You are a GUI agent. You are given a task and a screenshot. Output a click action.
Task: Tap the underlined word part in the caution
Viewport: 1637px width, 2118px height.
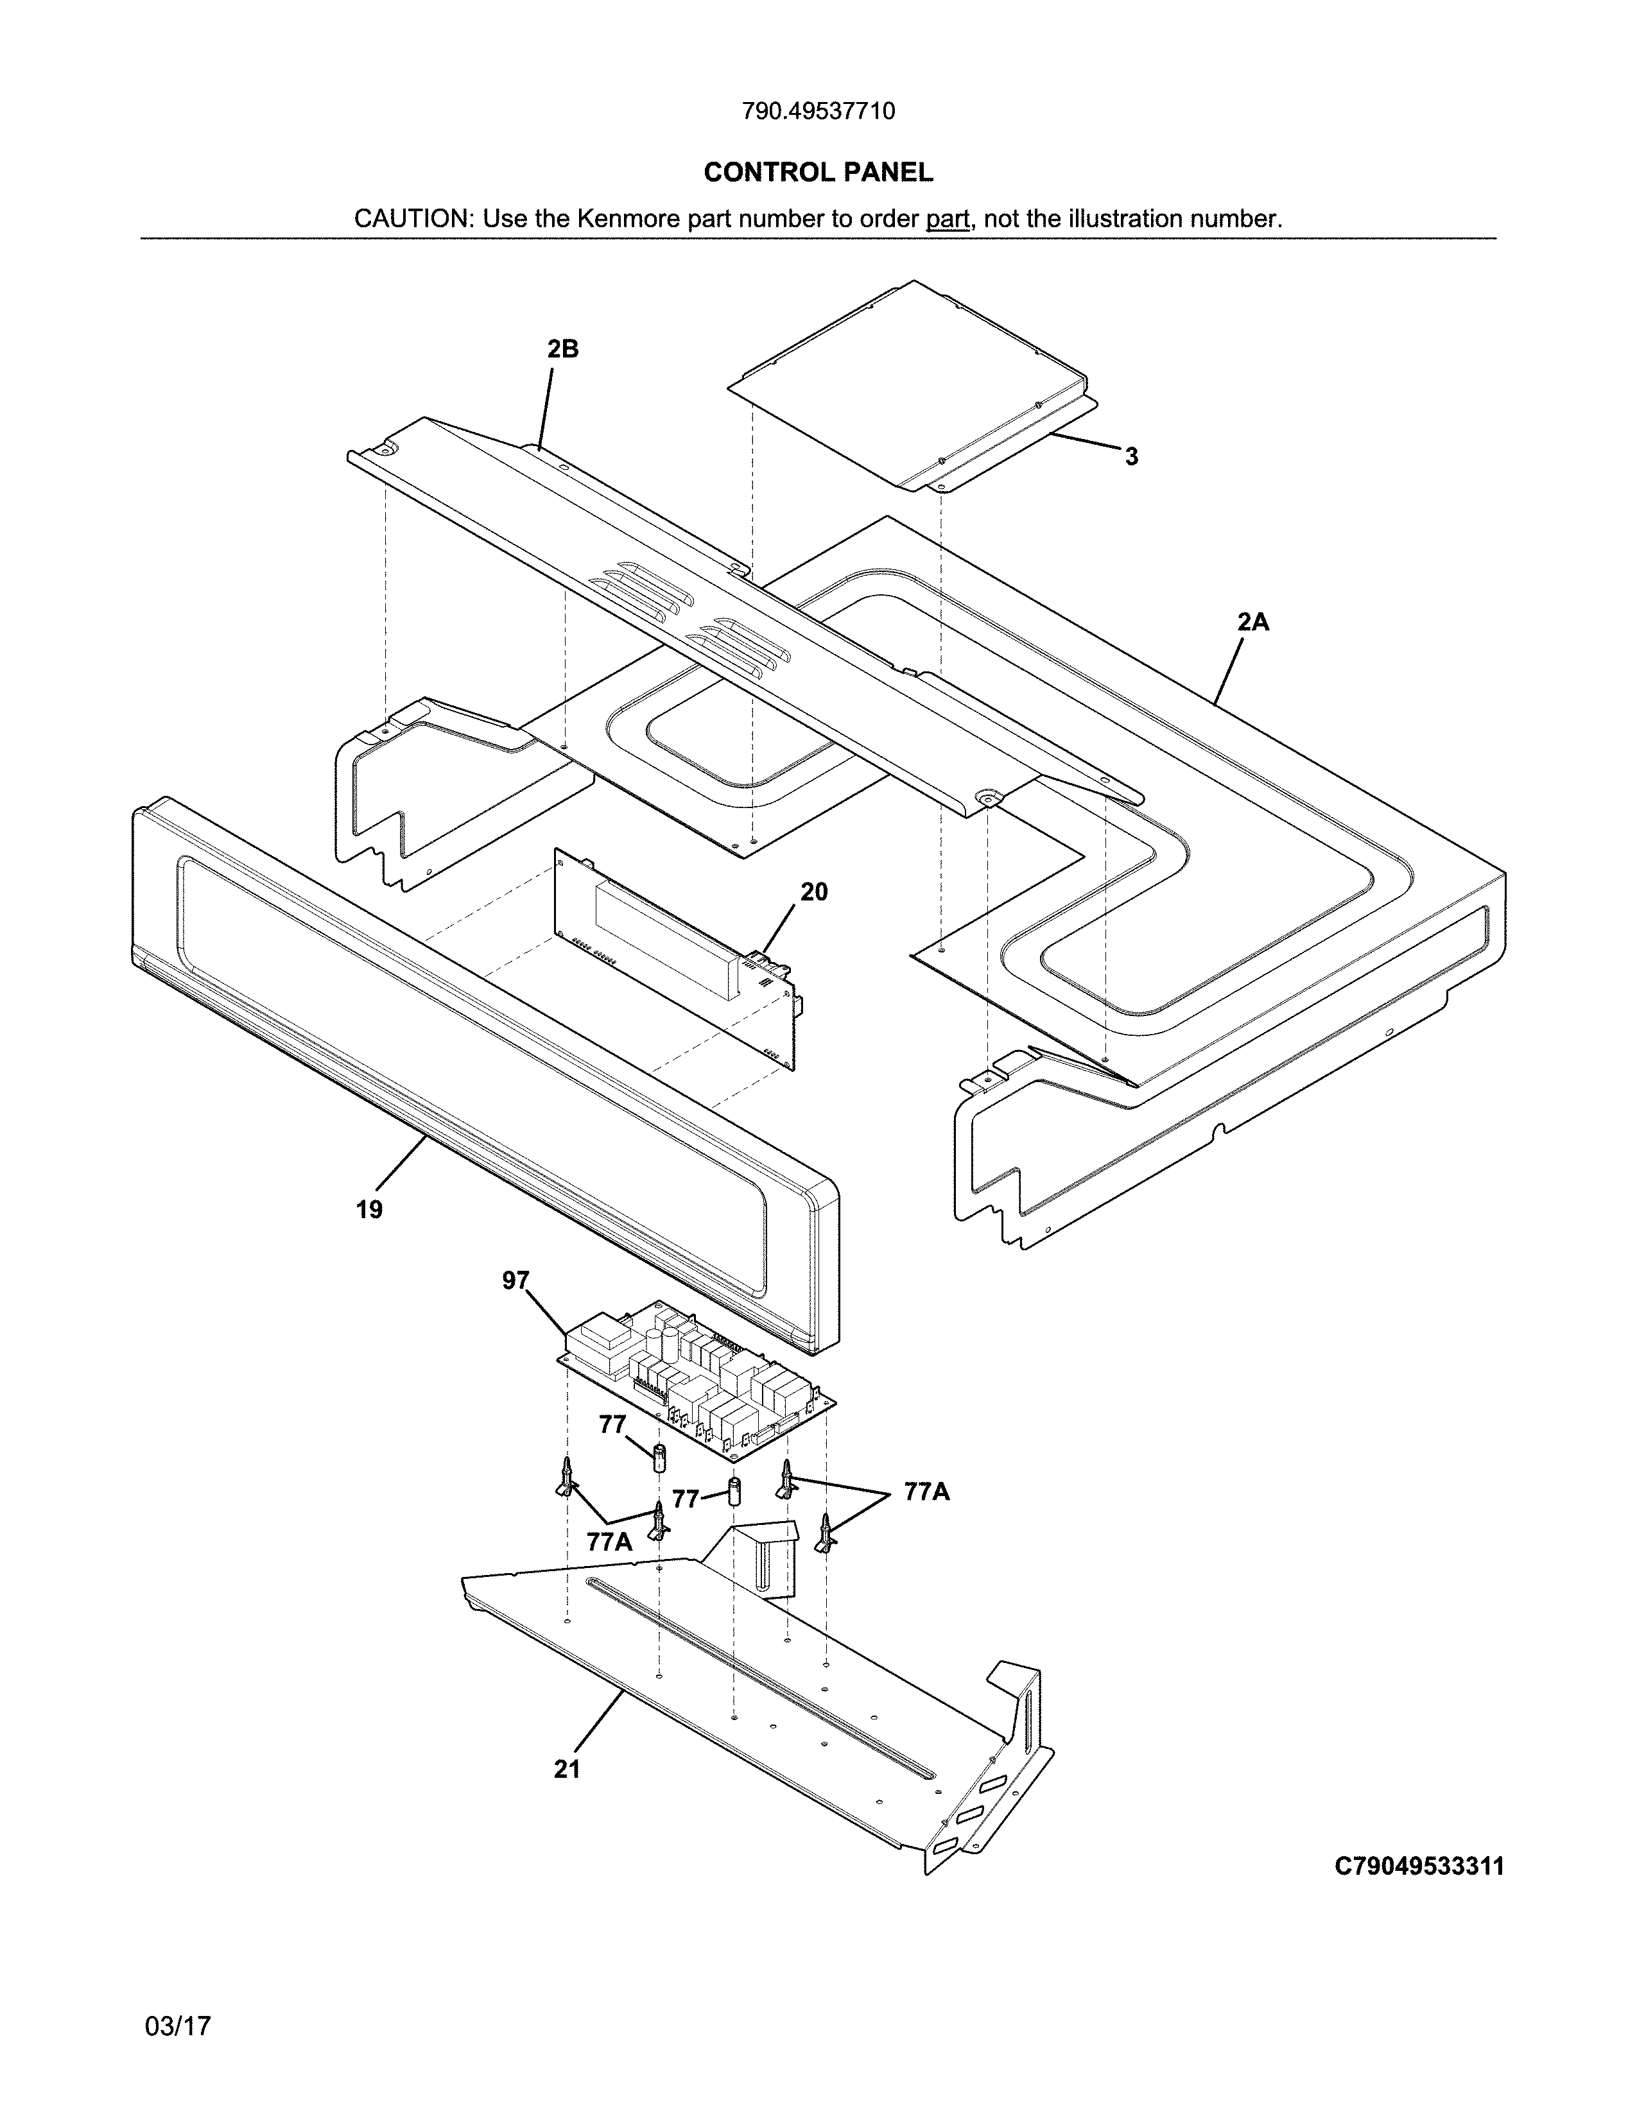pos(948,219)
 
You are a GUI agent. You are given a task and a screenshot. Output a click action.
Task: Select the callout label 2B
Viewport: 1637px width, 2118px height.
pos(562,349)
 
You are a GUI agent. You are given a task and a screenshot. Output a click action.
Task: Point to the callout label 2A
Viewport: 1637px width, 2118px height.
pos(1253,622)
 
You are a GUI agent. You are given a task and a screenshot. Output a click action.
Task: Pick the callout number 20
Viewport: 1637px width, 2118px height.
pos(813,891)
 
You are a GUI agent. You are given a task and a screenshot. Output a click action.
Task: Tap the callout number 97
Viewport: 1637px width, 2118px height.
pos(516,1281)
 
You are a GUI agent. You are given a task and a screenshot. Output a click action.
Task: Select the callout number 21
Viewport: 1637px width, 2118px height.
pos(567,1769)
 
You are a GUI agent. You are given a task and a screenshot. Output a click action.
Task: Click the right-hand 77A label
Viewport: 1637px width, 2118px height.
pos(926,1492)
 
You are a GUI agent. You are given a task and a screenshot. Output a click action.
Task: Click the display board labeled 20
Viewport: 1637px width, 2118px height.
pos(669,945)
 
